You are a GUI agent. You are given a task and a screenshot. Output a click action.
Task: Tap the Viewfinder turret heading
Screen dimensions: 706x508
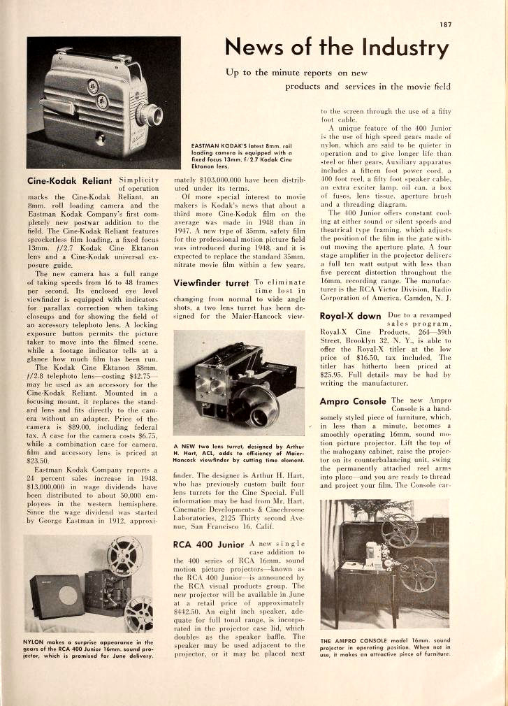coord(211,283)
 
